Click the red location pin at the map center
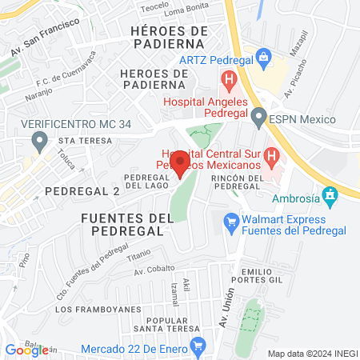pyautogui.click(x=180, y=163)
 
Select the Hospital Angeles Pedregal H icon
pyautogui.click(x=229, y=80)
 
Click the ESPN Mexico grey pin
pyautogui.click(x=258, y=119)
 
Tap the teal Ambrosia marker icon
pyautogui.click(x=329, y=195)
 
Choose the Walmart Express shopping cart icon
pyautogui.click(x=232, y=219)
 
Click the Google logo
pyautogui.click(x=26, y=350)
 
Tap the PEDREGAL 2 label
pyautogui.click(x=82, y=191)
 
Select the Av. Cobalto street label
pyautogui.click(x=154, y=270)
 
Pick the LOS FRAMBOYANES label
pyautogui.click(x=90, y=309)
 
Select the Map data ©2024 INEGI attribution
pyautogui.click(x=311, y=354)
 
